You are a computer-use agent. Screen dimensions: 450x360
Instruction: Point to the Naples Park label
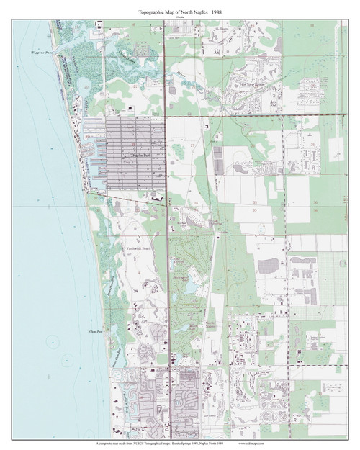[x=143, y=155]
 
